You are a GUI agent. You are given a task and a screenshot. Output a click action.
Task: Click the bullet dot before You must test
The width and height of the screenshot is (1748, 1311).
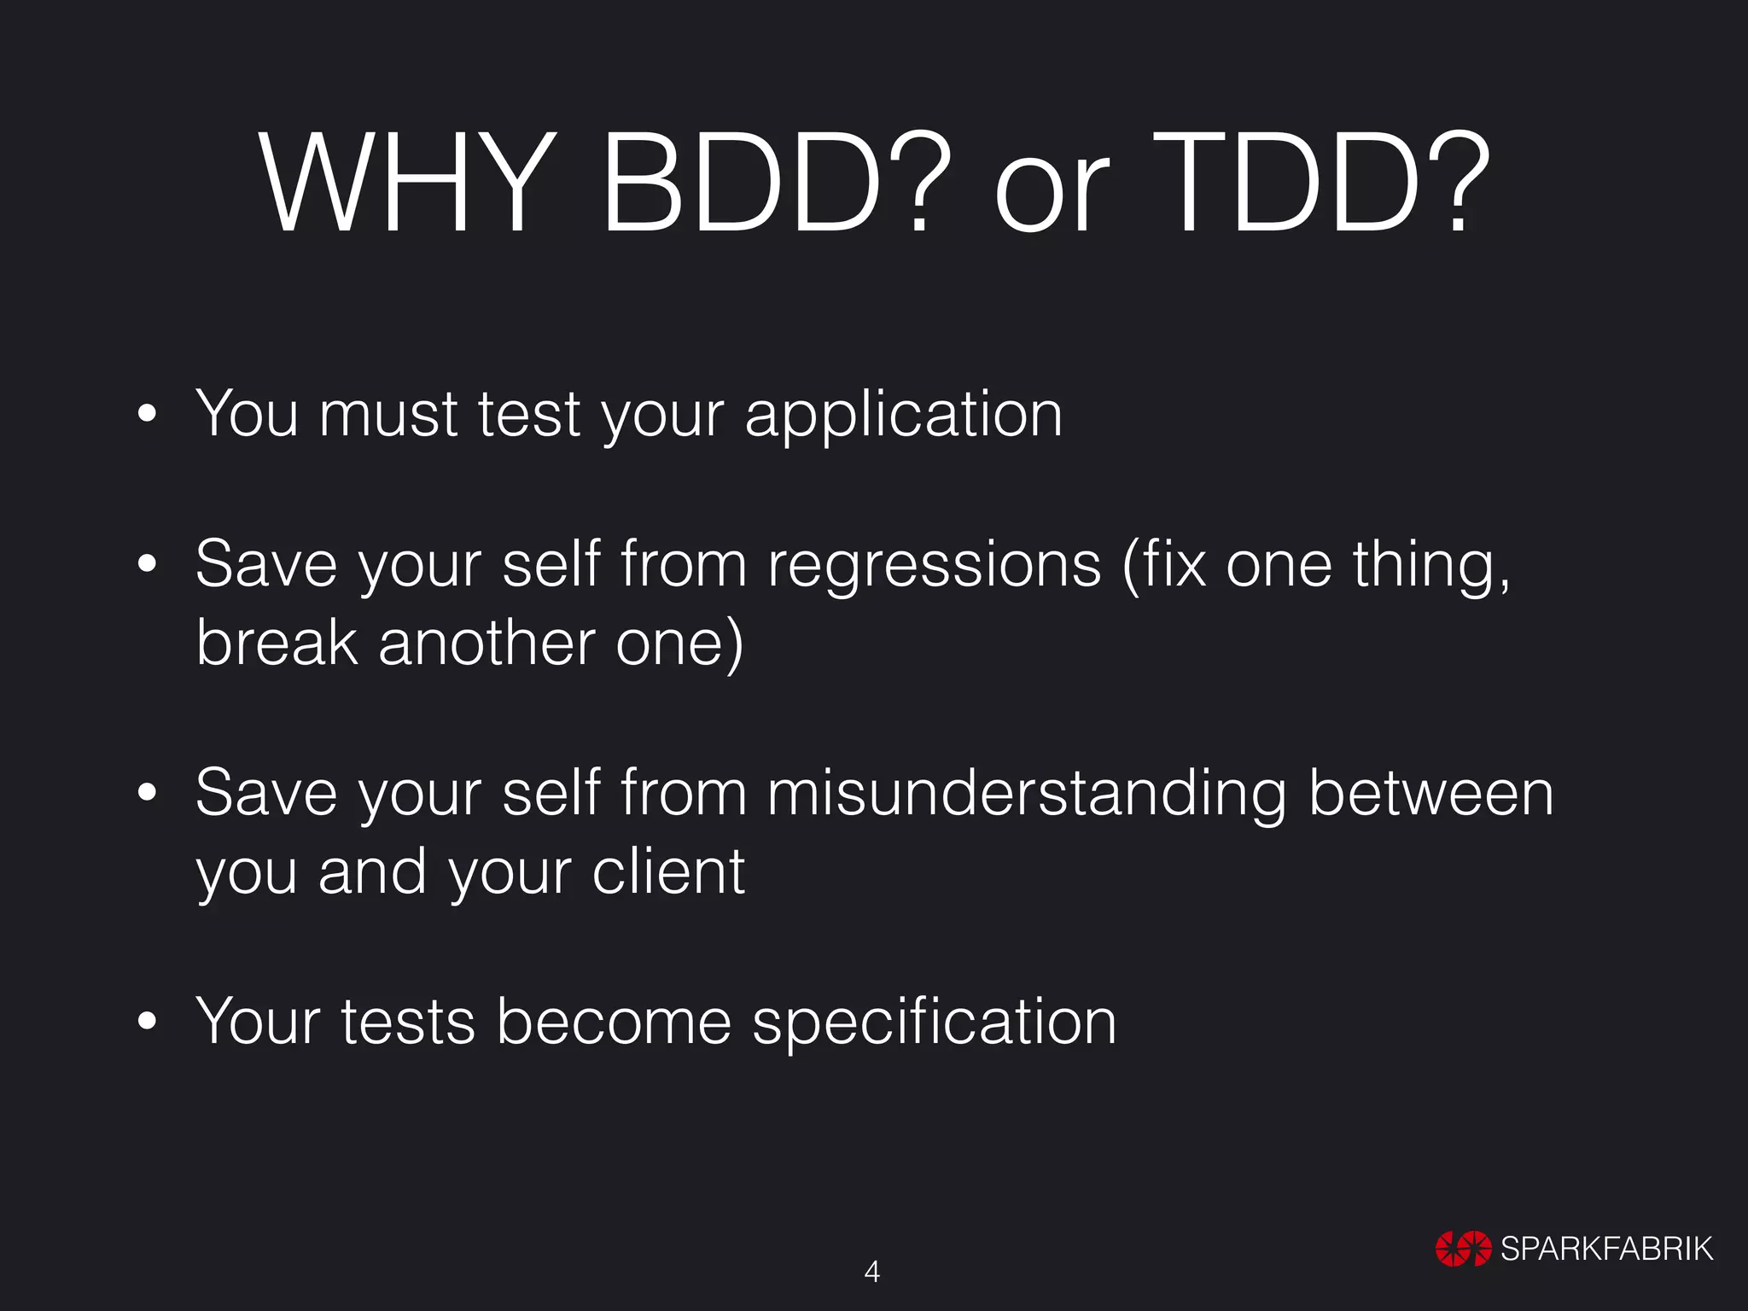pyautogui.click(x=147, y=415)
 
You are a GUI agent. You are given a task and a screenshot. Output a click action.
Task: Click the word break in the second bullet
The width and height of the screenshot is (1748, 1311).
pyautogui.click(x=277, y=643)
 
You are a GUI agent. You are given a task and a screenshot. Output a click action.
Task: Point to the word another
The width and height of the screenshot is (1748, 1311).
pyautogui.click(x=486, y=643)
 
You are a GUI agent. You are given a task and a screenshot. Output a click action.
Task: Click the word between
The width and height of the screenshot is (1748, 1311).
pyautogui.click(x=1430, y=794)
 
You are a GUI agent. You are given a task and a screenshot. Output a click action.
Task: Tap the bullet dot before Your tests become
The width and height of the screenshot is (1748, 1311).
pyautogui.click(x=147, y=1022)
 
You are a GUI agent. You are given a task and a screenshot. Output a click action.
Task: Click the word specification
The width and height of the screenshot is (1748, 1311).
pyautogui.click(x=934, y=1023)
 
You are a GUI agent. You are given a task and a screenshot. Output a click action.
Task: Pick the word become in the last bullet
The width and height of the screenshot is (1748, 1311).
pyautogui.click(x=613, y=1022)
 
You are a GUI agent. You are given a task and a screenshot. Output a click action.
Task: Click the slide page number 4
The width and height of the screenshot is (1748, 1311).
pyautogui.click(x=872, y=1272)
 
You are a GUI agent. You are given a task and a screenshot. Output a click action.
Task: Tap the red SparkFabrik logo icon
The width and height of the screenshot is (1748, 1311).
pyautogui.click(x=1463, y=1249)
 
